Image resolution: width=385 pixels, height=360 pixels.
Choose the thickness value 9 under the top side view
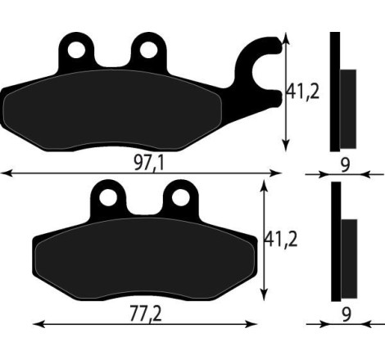point(345,164)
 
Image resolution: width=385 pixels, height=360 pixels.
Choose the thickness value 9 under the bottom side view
point(345,313)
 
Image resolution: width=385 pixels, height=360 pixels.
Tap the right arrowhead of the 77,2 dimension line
point(256,322)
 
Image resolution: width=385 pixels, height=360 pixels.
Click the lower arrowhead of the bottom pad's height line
point(263,295)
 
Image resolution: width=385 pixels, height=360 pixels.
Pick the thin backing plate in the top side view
point(334,92)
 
